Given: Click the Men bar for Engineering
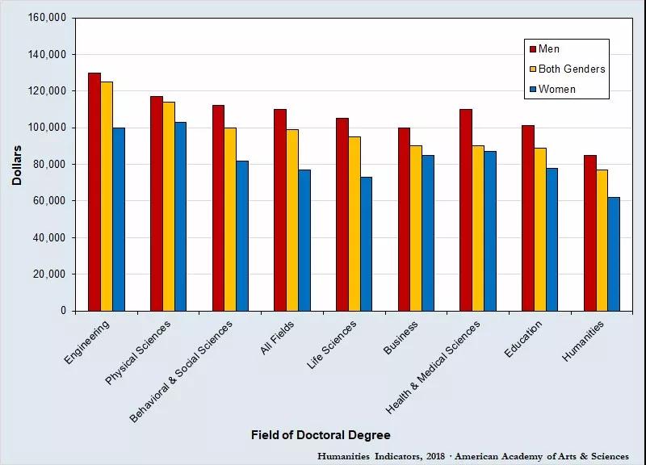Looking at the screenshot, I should pyautogui.click(x=94, y=191).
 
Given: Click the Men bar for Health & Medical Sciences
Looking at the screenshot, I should pyautogui.click(x=466, y=210).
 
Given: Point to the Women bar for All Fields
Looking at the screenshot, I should pyautogui.click(x=304, y=240).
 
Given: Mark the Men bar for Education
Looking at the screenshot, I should pyautogui.click(x=528, y=218).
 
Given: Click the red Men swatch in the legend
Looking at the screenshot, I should pyautogui.click(x=531, y=49).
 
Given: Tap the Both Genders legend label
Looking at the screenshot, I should pyautogui.click(x=571, y=69).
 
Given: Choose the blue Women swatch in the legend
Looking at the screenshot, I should pyautogui.click(x=531, y=89).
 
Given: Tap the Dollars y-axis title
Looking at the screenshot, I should pyautogui.click(x=17, y=165).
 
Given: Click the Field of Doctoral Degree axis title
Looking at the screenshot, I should pyautogui.click(x=321, y=436).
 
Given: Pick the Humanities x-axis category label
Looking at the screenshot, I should pyautogui.click(x=584, y=341).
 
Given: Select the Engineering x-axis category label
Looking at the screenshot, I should pyautogui.click(x=87, y=342).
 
